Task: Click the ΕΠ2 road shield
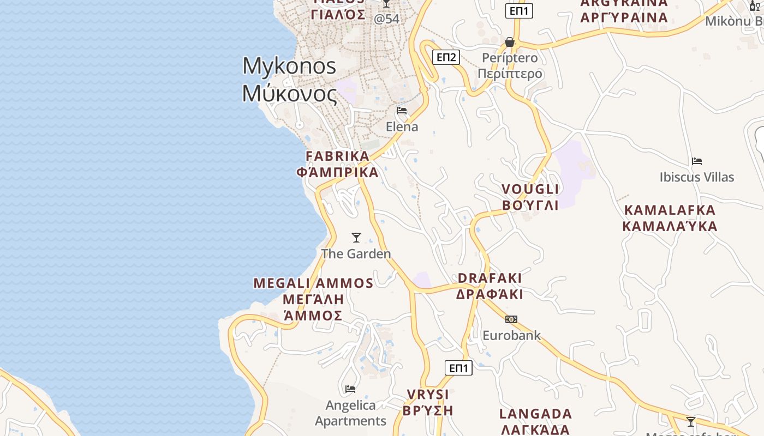coord(446,57)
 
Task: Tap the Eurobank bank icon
coord(511,319)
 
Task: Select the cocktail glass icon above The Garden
coord(356,238)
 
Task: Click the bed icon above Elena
coord(402,111)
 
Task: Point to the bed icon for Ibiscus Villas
coord(696,161)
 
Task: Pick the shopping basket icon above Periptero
coord(510,42)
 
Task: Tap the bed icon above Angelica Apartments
coord(350,389)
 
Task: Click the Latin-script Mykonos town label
coord(289,66)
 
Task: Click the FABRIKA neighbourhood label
coord(338,156)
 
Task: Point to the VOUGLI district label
coord(530,189)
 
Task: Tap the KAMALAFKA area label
coord(670,210)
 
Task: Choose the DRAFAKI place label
coord(490,278)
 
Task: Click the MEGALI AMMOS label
coord(313,283)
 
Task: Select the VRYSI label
coord(428,395)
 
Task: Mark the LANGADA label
coord(535,414)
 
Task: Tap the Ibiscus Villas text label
coord(697,177)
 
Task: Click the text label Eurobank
coord(511,335)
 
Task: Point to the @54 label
coord(386,19)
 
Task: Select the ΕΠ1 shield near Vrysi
coord(458,368)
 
